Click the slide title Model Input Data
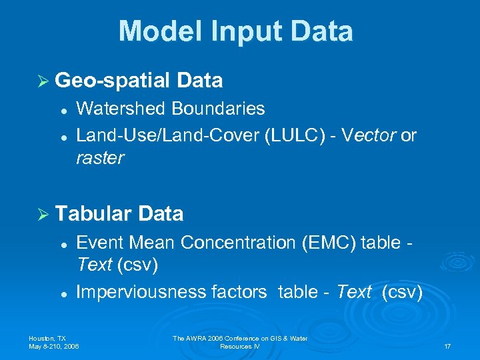click(236, 31)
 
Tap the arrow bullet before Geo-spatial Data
click(43, 81)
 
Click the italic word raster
click(100, 158)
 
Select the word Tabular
click(94, 214)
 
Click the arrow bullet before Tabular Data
click(43, 214)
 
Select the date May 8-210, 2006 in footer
click(54, 347)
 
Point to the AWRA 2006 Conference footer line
click(240, 339)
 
